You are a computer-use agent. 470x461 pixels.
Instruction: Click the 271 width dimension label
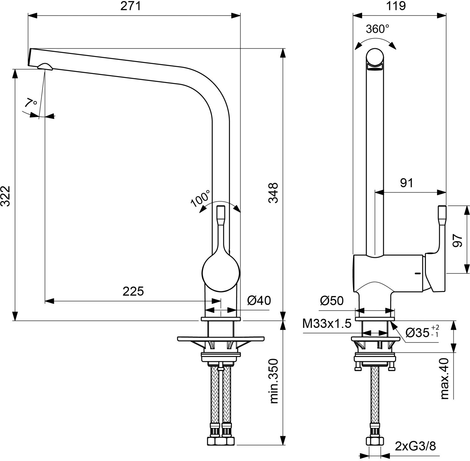pos(131,6)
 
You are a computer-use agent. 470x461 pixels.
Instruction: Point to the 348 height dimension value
pos(273,193)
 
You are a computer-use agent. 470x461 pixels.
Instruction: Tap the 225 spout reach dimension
pos(133,291)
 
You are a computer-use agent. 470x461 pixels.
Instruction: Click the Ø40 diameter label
pos(259,300)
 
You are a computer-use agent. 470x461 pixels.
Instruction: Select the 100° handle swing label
pos(201,198)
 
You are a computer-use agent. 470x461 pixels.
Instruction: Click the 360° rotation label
pos(378,29)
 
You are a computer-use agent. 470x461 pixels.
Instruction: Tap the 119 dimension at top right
pos(396,6)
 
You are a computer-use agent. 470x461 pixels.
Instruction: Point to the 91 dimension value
pos(407,183)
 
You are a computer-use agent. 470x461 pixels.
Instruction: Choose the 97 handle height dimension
pos(458,241)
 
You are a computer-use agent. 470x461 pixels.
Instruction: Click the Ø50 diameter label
pos(332,301)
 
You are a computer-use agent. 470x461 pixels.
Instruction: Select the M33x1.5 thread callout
pos(327,324)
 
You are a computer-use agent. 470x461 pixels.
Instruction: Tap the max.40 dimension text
pos(445,379)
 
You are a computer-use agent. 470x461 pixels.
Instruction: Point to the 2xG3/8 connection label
pos(415,446)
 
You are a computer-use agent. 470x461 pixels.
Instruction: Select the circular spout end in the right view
pos(375,57)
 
